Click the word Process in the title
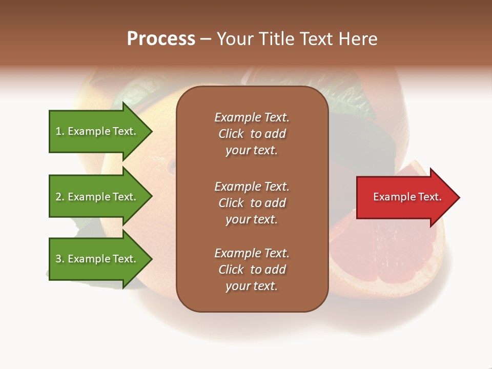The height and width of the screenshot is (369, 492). tap(161, 39)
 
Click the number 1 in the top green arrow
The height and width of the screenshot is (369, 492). tap(58, 131)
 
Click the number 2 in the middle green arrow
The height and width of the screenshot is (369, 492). tap(58, 197)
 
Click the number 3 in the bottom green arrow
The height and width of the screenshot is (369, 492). tap(58, 259)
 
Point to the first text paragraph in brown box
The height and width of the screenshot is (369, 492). tap(252, 134)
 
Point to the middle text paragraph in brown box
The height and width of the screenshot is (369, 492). tap(252, 202)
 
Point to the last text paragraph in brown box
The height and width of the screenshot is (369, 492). tap(252, 270)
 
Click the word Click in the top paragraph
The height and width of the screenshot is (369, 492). tap(231, 134)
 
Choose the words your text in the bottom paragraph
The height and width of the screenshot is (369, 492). tap(252, 286)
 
